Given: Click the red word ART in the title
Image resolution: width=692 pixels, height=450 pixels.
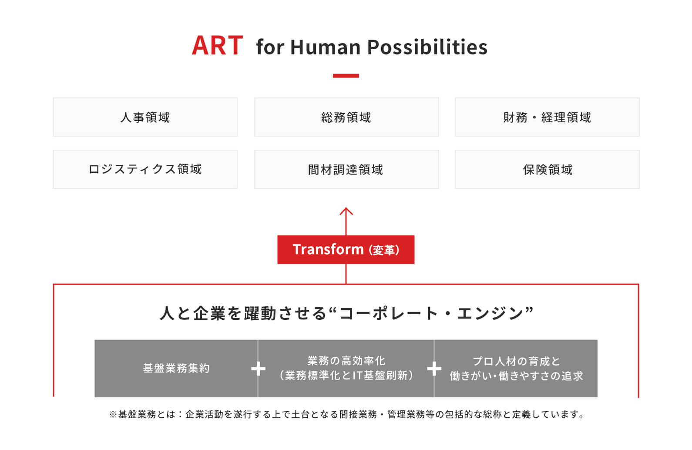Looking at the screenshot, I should (x=217, y=45).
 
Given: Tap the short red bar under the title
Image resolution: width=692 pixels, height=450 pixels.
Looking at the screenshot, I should (x=346, y=76).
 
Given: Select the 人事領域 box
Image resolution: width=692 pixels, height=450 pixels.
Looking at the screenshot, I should (x=145, y=117).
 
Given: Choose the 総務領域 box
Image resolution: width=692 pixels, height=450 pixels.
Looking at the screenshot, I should (x=346, y=117).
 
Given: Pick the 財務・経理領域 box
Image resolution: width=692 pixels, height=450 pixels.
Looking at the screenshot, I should (x=547, y=117).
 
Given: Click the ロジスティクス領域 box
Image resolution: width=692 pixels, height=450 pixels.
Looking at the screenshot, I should (x=145, y=169).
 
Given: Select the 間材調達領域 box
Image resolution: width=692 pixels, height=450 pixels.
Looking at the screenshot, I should (x=346, y=169).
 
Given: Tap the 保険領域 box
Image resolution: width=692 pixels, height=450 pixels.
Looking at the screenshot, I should (x=547, y=169).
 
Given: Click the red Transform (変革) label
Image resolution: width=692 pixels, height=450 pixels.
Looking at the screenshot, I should (x=346, y=250).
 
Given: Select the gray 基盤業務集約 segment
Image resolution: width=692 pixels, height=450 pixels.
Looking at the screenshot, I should (x=176, y=368).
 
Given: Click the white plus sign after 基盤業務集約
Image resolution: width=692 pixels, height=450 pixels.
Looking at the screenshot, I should (x=258, y=369).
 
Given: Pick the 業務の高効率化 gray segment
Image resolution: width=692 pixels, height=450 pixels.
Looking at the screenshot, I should (x=346, y=368).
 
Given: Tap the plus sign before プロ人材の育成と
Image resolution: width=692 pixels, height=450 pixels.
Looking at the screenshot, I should (x=434, y=369).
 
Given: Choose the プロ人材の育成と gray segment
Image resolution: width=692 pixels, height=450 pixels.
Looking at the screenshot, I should (x=516, y=368).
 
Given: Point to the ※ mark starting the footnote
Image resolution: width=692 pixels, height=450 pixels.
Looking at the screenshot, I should (x=113, y=414).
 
